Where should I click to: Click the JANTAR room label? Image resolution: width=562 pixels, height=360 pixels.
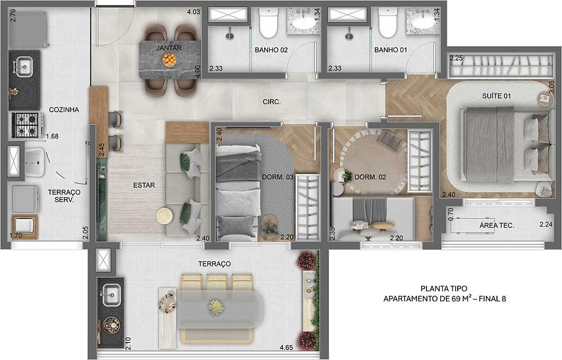point(169,48)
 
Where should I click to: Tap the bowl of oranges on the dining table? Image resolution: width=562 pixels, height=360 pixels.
point(169,59)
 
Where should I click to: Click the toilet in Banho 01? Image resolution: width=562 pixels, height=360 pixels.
point(387,23)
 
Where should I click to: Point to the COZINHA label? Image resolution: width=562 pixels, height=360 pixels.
point(64,110)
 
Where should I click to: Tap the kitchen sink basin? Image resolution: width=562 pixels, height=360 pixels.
point(24,67)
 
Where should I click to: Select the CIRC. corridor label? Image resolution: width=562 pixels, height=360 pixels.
point(272,102)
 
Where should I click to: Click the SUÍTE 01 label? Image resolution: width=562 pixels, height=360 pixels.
point(496,96)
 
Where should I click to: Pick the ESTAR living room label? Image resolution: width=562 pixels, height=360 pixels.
point(144,185)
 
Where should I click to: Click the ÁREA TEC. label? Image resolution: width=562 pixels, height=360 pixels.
point(497,226)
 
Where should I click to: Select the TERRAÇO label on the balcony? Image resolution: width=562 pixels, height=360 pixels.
point(214,264)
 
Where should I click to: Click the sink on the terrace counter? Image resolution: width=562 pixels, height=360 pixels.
point(112,295)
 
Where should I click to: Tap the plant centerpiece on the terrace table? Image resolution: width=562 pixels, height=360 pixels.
point(216,308)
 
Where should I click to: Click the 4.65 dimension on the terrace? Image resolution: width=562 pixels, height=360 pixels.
point(287,348)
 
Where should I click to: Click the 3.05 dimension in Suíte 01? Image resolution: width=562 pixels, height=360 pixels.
point(551,87)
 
